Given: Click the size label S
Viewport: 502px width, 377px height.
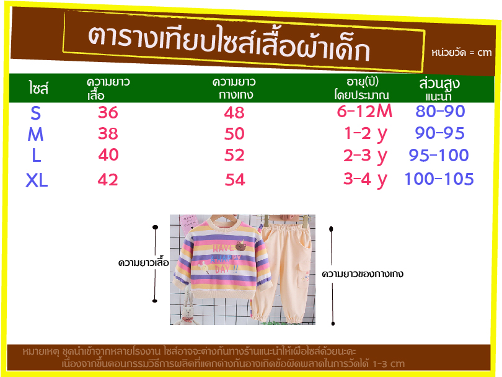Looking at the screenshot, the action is pos(35,113).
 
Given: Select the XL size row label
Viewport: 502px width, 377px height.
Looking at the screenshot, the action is pos(37,180).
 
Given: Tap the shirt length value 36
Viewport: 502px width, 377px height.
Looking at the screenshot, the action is pos(108,112).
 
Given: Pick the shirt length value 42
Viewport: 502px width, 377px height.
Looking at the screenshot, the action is pos(108,179).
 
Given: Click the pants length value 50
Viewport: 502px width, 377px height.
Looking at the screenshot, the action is pos(234,133).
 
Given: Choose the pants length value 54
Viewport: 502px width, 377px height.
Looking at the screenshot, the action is pos(235,179).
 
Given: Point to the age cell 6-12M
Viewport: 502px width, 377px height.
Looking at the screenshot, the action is pos(364,111).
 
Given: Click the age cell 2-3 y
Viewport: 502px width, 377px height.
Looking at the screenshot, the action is pos(365,156).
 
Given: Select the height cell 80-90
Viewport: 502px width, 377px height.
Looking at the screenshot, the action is pos(440,111).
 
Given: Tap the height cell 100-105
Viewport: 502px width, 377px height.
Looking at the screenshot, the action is pos(439,179).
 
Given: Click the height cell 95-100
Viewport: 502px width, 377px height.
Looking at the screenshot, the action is pos(439,156).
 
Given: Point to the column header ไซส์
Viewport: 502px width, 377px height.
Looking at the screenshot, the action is pos(38,87).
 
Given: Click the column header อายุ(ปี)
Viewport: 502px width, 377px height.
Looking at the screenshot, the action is pos(363,82).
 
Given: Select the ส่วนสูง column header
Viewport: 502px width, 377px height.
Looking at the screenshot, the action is pos(439,83).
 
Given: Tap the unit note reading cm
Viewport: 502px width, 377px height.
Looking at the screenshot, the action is pos(485,53).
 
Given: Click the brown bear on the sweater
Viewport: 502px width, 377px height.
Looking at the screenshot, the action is pos(240,246).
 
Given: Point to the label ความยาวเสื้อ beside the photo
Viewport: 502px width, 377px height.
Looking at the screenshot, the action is pos(143,262).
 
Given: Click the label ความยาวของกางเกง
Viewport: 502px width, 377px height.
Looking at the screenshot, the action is pos(363,274).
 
